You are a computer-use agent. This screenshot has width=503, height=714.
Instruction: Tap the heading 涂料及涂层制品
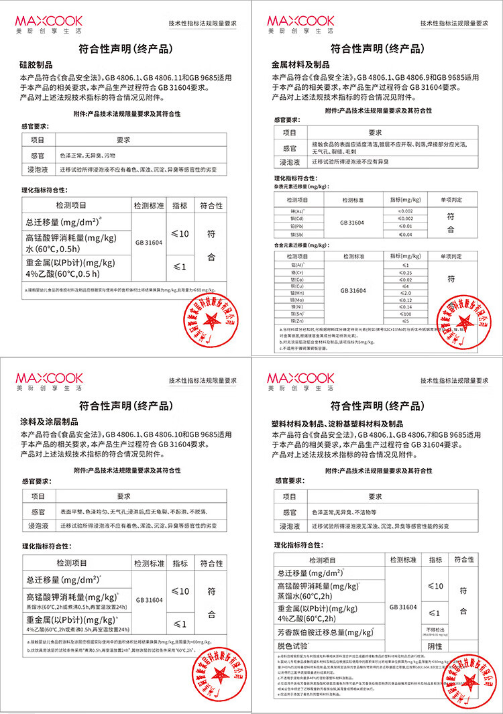coord(50,422)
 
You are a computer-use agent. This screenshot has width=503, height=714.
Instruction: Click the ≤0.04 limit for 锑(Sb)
coord(405,234)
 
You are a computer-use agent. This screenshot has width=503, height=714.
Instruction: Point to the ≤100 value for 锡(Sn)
coord(405,314)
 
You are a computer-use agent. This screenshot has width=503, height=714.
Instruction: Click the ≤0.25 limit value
coord(405,273)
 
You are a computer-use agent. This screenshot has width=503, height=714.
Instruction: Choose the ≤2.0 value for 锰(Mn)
coord(405,294)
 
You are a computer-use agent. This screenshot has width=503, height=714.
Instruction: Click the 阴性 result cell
coord(435,646)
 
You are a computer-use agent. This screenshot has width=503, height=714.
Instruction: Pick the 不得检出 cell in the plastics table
coord(435,630)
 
